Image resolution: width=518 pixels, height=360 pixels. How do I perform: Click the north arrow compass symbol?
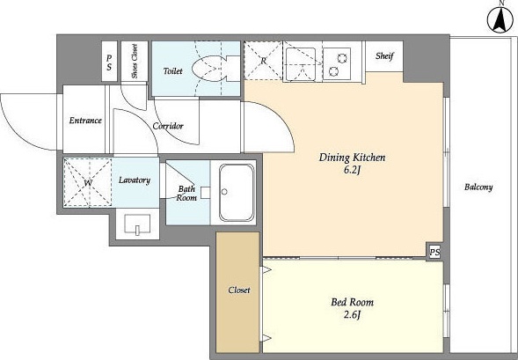coord(500,19)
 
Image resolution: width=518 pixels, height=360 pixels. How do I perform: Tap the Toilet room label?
coord(172,71)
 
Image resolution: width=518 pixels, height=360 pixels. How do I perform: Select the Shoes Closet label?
coord(135,61)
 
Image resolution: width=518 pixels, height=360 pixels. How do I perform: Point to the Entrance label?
coord(85,121)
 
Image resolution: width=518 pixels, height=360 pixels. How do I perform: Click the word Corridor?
coord(168,126)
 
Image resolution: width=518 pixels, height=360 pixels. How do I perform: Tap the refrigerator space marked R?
coord(263,61)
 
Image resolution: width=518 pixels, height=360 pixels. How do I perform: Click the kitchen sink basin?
coord(301,64)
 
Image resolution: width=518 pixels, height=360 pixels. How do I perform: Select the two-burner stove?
coord(337,64)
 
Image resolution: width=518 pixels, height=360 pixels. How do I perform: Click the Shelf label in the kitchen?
coord(384,56)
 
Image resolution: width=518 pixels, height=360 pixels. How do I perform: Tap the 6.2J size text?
coord(352,171)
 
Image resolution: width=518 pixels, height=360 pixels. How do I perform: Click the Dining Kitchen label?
coord(352,158)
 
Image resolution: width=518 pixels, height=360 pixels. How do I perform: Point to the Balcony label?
coord(478,187)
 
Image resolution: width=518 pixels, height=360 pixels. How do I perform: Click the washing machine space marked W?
coord(88,182)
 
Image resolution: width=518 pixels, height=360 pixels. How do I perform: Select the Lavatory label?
coord(135,180)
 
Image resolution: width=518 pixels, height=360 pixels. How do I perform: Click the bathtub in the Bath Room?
coord(237,193)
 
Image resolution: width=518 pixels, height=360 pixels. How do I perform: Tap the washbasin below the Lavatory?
coord(137,224)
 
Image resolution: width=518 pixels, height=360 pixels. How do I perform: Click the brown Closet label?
coord(239,290)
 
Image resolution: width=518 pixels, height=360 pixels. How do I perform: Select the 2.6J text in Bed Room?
coord(352,315)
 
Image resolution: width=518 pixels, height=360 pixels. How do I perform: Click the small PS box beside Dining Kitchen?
coord(434,253)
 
